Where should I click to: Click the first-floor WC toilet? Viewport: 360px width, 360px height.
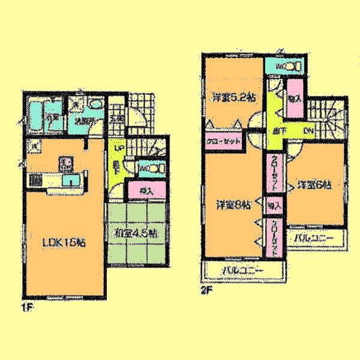pos(149,168)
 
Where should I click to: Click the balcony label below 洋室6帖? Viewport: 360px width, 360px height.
pos(314,239)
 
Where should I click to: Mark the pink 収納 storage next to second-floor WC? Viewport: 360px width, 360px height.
pos(293,97)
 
